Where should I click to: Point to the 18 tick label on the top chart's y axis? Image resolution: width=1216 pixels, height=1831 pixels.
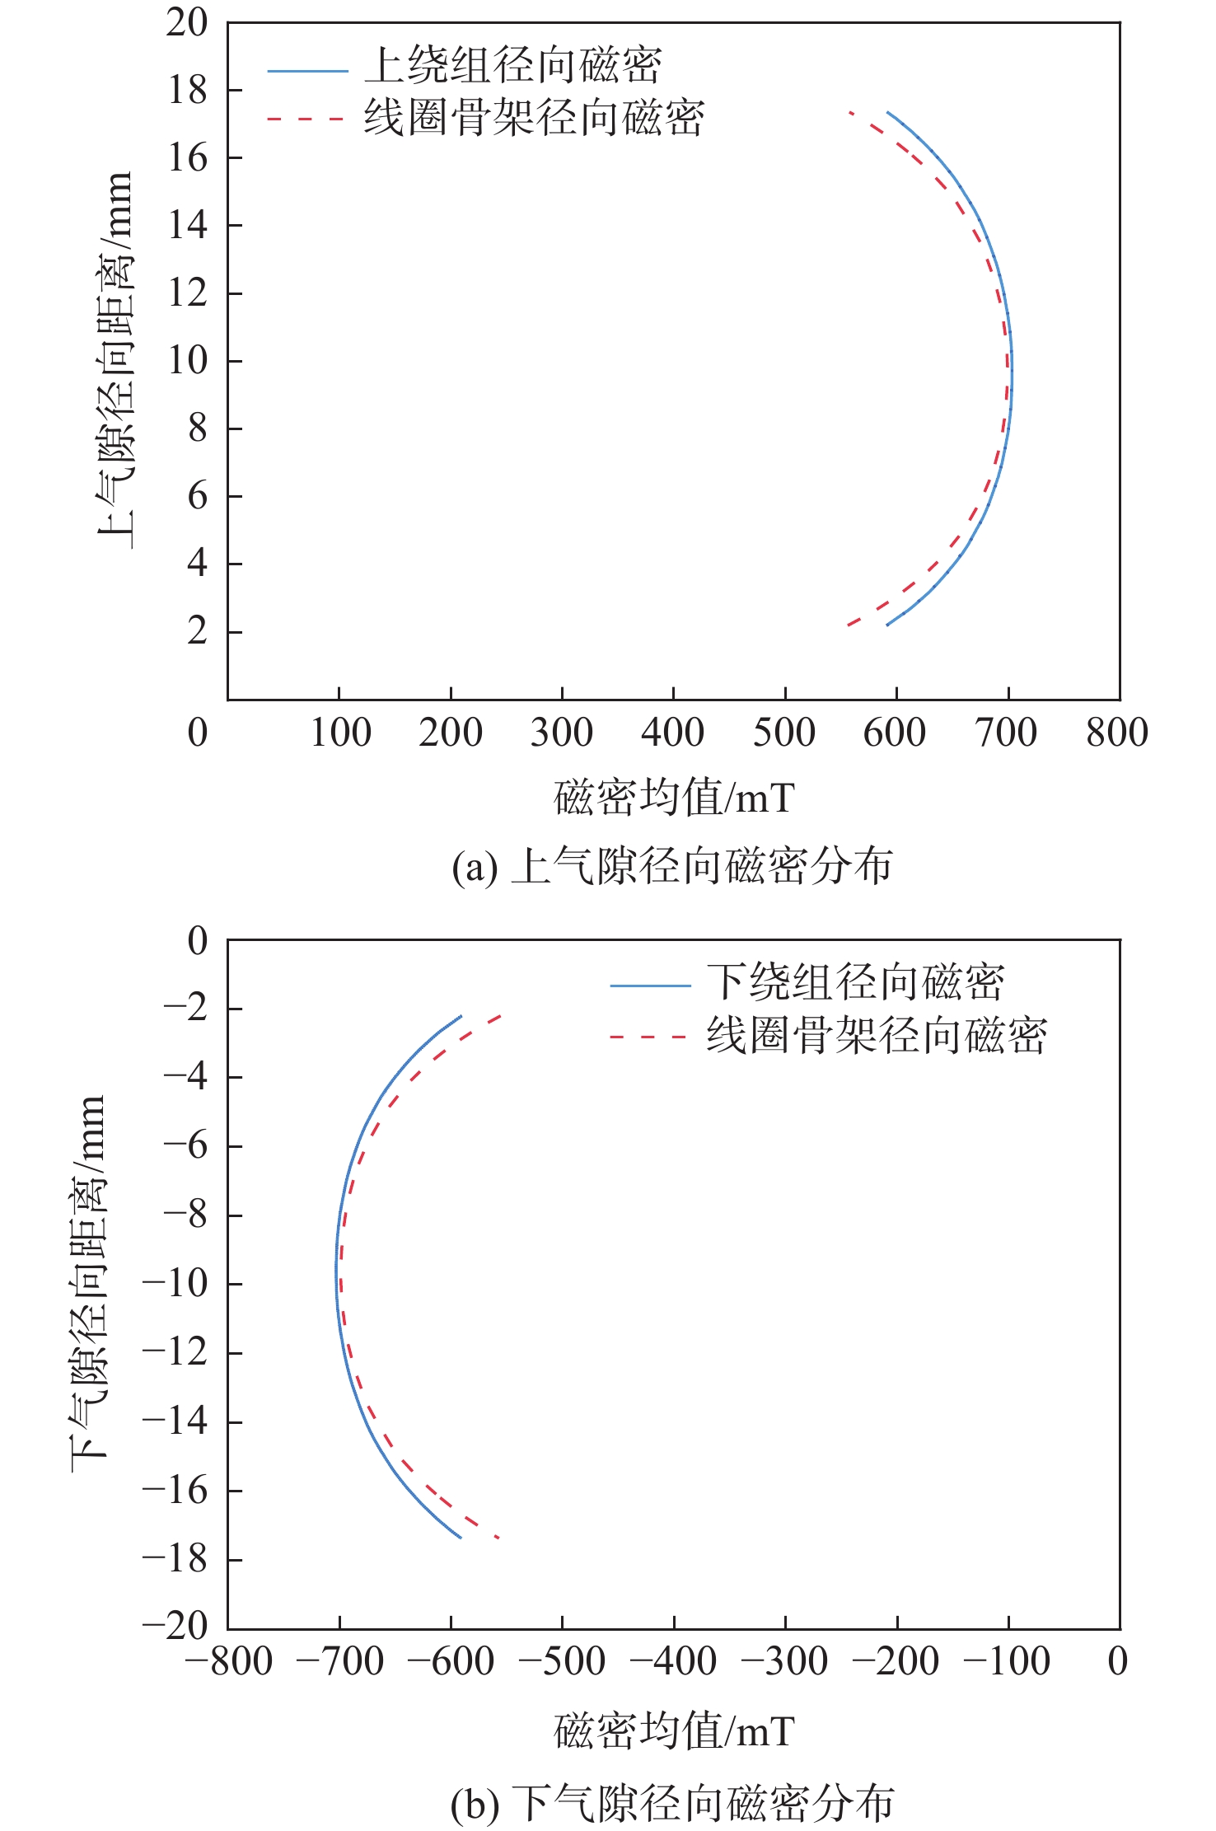coord(188,91)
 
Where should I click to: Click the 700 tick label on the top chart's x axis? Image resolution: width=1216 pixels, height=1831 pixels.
coord(1006,733)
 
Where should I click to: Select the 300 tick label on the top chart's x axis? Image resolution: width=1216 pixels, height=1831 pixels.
coord(561,733)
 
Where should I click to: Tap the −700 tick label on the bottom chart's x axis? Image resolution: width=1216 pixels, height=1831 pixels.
coord(339,1661)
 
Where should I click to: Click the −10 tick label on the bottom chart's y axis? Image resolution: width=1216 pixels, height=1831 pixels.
coord(175,1283)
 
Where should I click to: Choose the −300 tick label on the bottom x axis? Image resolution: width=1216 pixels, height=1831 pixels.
coord(784,1661)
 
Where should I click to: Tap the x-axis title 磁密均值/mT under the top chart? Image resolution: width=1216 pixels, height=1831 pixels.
coord(674,798)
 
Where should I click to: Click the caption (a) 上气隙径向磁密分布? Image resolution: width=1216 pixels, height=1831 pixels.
coord(672,866)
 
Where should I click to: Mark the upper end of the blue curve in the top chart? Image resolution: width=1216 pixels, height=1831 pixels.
coord(887,112)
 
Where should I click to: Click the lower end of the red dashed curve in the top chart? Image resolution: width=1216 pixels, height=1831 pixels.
coord(848,625)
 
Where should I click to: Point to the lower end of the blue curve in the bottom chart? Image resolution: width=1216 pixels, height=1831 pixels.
coord(460,1537)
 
